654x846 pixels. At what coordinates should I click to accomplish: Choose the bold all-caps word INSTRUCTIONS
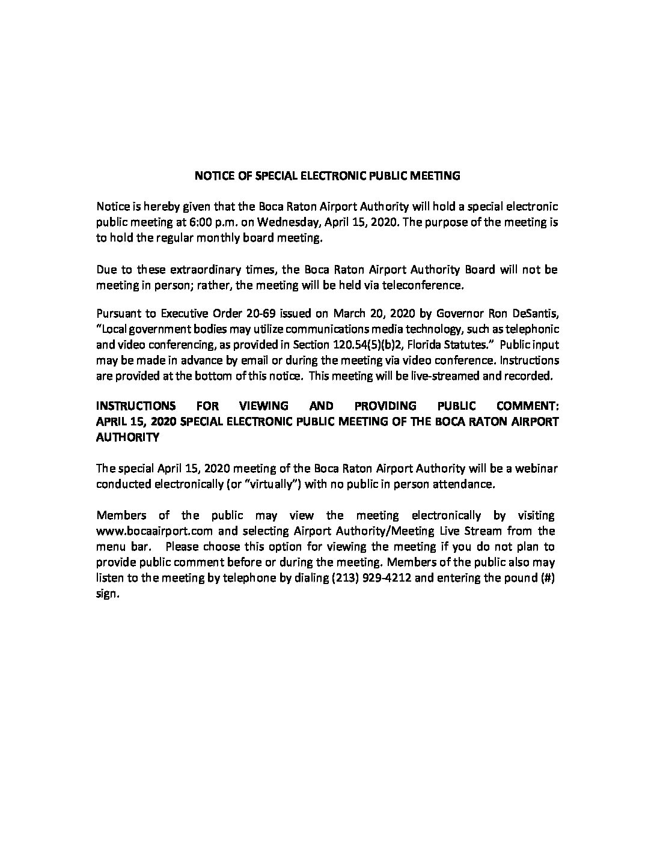pyautogui.click(x=136, y=406)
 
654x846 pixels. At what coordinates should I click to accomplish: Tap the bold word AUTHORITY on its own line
pyautogui.click(x=127, y=437)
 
